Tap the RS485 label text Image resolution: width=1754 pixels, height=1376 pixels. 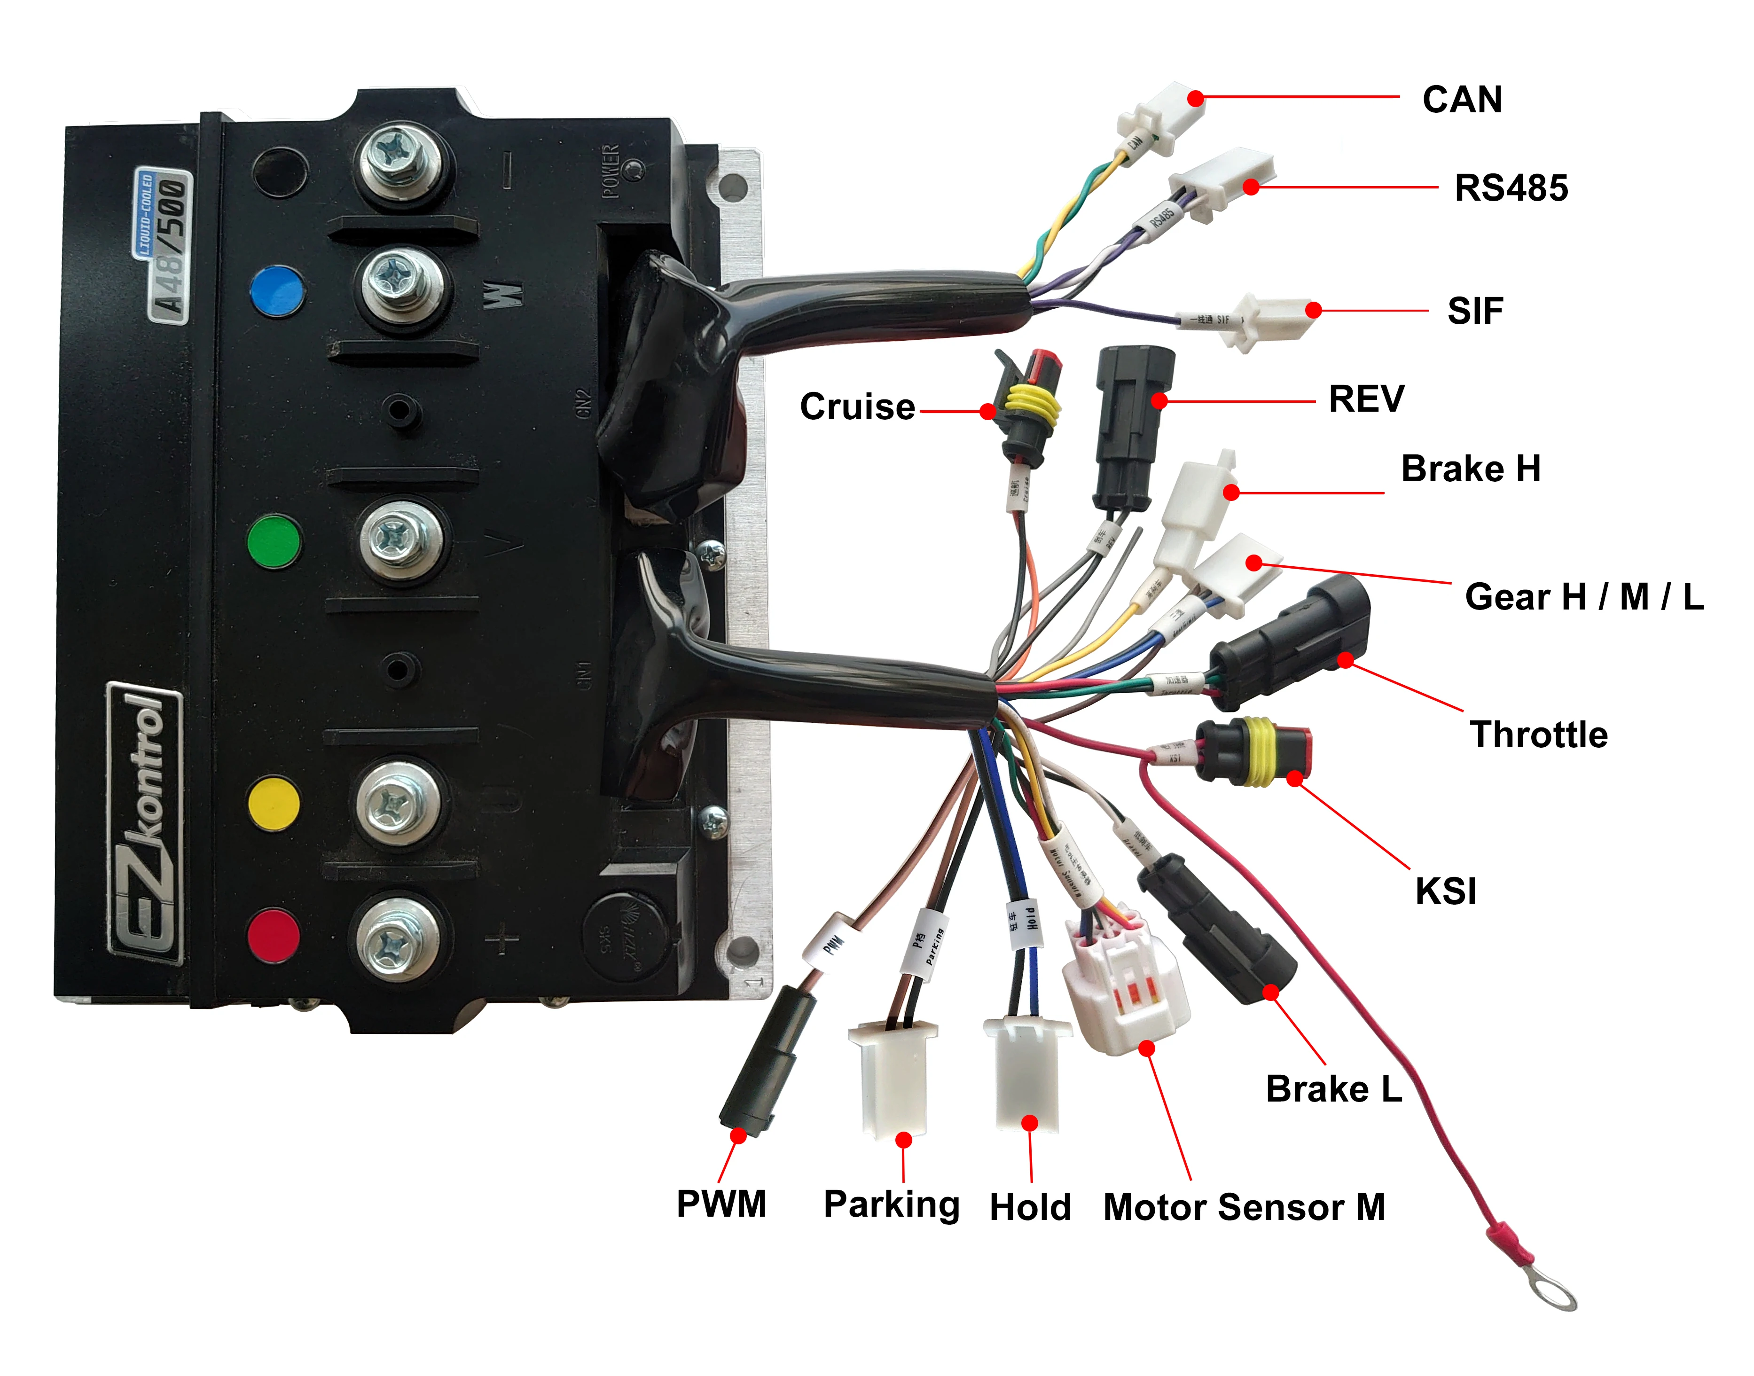[x=1510, y=188]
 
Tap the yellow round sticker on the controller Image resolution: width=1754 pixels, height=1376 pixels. [x=274, y=803]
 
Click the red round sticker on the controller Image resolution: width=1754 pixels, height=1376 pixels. [x=274, y=935]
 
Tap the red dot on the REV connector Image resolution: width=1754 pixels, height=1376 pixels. [x=1159, y=400]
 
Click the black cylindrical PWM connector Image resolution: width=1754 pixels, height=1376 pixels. [x=764, y=1063]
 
